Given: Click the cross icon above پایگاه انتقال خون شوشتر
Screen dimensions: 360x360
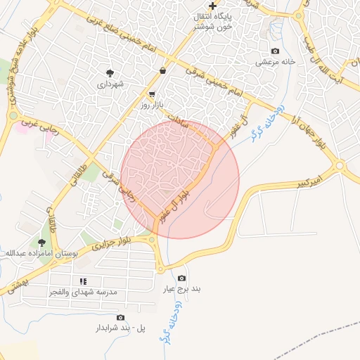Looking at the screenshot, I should [212, 6].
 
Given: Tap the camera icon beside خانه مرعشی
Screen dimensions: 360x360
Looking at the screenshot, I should [275, 51].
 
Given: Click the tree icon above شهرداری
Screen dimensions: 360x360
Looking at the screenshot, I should [110, 72].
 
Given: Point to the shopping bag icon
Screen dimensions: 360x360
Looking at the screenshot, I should [163, 70].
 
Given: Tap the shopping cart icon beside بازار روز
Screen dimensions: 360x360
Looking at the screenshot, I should [152, 93].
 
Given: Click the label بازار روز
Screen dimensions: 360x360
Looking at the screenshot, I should [152, 104].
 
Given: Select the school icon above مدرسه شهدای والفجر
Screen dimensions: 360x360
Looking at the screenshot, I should [84, 281].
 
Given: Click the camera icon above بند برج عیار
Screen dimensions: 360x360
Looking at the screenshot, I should [182, 278].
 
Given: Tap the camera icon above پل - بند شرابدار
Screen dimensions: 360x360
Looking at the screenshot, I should [120, 318].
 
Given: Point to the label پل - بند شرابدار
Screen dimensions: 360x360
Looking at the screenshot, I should [120, 328].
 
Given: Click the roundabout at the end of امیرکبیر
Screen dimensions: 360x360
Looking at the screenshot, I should [341, 167].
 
